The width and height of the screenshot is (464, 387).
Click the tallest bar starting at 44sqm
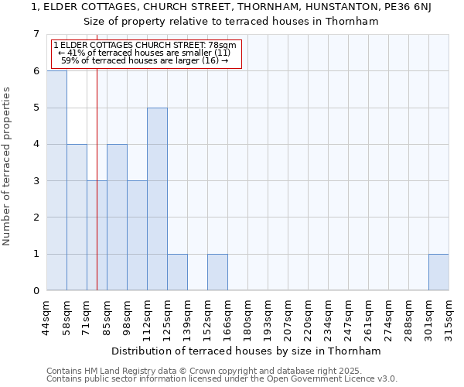pyautogui.click(x=56, y=180)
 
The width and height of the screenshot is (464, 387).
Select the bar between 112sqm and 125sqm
pyautogui.click(x=157, y=199)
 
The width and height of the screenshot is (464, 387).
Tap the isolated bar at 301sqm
pyautogui.click(x=438, y=272)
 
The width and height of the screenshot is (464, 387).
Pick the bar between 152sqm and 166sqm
pyautogui.click(x=217, y=272)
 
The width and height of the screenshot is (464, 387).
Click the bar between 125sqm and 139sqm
pyautogui.click(x=177, y=272)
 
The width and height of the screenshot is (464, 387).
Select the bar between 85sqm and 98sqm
pyautogui.click(x=117, y=217)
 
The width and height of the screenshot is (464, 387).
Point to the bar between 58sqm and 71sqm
pyautogui.click(x=77, y=217)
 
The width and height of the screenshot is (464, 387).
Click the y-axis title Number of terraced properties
pyautogui.click(x=7, y=166)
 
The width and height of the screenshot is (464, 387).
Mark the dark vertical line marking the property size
pyautogui.click(x=97, y=193)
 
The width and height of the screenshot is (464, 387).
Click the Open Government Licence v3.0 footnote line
pyautogui.click(x=222, y=379)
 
